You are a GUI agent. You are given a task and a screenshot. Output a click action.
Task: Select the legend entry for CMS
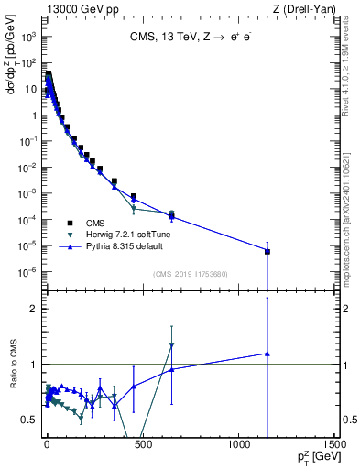pos(95,223)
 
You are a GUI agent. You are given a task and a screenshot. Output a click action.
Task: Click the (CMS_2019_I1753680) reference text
pos(190,274)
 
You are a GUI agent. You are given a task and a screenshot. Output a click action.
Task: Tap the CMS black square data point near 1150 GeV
pos(267,251)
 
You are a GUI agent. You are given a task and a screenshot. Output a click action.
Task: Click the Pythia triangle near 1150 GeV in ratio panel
pos(267,354)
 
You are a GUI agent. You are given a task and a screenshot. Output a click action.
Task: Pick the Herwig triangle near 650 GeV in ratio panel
pos(171,345)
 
